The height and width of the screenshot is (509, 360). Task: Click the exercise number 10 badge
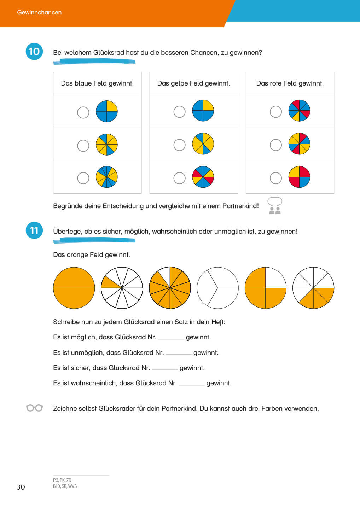(x=34, y=52)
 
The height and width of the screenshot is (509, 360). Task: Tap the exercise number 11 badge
(x=34, y=230)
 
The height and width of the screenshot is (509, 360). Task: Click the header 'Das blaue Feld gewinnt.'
(x=97, y=83)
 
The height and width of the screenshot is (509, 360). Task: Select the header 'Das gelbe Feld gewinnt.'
(x=193, y=83)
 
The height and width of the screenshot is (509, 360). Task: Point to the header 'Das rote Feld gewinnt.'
(x=290, y=83)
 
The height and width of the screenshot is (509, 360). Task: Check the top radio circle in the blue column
(x=83, y=112)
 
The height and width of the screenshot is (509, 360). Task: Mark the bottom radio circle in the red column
(x=276, y=178)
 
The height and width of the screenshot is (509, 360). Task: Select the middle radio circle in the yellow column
(x=179, y=145)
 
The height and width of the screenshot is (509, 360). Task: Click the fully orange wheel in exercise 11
(x=74, y=288)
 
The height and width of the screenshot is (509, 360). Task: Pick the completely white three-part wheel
(x=217, y=288)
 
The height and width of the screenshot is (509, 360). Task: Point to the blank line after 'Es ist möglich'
(x=171, y=338)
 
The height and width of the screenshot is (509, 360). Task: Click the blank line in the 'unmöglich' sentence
(x=178, y=353)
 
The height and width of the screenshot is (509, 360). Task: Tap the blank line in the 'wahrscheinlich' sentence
(x=191, y=384)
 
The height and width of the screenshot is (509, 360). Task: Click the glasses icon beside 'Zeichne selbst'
(x=34, y=408)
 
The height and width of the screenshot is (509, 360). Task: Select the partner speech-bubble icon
(x=275, y=206)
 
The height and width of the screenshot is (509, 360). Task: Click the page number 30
(x=21, y=487)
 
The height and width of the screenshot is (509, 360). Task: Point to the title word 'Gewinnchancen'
(x=39, y=12)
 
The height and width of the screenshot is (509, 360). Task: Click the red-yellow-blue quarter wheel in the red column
(x=299, y=177)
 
